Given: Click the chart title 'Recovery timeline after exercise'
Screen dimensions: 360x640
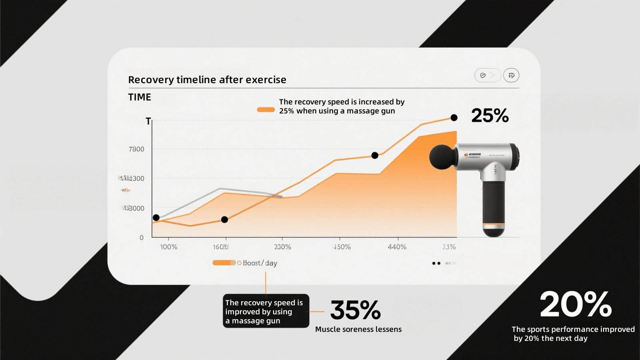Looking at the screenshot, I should tap(207, 80).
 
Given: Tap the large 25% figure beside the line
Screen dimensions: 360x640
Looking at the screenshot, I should tap(490, 116).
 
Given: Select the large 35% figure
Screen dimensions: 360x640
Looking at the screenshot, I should tap(355, 310).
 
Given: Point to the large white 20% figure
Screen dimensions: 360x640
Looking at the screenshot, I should tap(576, 304).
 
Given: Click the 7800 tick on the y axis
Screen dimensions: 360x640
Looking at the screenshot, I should tap(136, 149).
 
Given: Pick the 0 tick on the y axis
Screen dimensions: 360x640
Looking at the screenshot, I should tap(141, 238).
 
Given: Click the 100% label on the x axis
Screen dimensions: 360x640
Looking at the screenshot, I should tap(168, 247).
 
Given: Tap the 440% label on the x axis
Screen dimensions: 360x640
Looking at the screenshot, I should tap(397, 247).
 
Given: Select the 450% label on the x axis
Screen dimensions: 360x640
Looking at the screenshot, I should tap(342, 247).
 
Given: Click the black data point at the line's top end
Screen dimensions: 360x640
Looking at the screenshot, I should tap(454, 118).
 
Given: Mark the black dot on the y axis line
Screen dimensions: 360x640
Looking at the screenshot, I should tap(156, 218).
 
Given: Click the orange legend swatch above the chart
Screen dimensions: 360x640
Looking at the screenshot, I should tap(266, 110).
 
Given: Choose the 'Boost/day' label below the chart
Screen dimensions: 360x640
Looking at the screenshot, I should tap(260, 263).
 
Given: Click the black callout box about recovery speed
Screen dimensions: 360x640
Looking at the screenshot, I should tap(266, 311).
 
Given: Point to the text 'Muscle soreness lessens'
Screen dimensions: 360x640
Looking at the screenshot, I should tap(358, 329).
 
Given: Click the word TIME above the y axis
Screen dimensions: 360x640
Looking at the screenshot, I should tap(140, 97).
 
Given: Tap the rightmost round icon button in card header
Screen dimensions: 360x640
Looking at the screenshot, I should tap(511, 75).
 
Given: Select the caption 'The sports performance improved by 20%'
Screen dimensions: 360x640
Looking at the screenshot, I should tap(573, 334).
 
